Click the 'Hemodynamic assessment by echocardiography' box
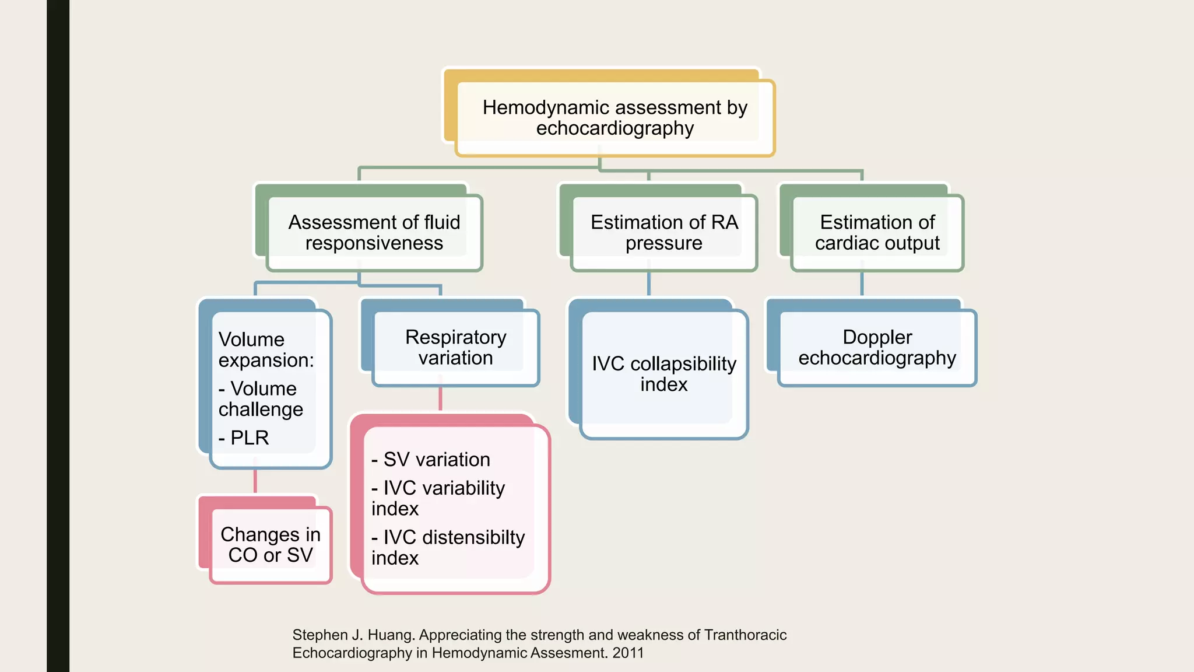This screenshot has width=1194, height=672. (614, 118)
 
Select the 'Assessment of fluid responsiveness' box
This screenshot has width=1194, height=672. (374, 232)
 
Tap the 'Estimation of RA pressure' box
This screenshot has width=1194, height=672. (663, 232)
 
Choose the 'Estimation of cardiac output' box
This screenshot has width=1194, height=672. (877, 232)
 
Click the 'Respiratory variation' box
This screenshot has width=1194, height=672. (455, 347)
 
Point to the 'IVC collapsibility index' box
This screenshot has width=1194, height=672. (663, 374)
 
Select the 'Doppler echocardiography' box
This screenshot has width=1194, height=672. (877, 347)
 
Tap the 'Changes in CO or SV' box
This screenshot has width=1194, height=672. (271, 544)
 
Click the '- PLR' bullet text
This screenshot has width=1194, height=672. (244, 437)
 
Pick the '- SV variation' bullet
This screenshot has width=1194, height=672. (431, 460)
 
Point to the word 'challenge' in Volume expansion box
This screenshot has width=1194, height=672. (261, 409)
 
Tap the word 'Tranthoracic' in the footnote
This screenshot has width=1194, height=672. (745, 635)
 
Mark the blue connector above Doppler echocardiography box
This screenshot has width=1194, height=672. (862, 284)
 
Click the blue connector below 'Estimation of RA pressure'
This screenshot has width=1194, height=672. (648, 284)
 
